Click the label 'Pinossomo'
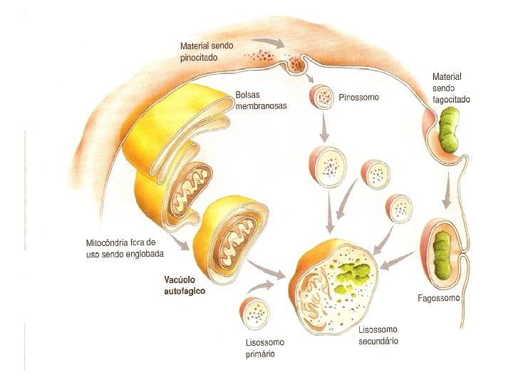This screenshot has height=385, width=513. pyautogui.click(x=359, y=97)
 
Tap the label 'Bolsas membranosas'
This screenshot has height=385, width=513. pyautogui.click(x=261, y=99)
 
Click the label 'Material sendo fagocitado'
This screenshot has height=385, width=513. pyautogui.click(x=451, y=88)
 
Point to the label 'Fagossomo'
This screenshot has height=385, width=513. pyautogui.click(x=438, y=298)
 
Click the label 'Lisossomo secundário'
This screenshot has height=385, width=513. pyautogui.click(x=378, y=335)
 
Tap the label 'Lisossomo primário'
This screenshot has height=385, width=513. pyautogui.click(x=259, y=347)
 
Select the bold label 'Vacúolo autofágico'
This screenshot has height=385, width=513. pyautogui.click(x=181, y=285)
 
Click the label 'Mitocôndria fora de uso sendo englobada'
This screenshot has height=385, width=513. pyautogui.click(x=124, y=248)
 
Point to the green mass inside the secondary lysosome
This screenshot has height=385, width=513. pyautogui.click(x=354, y=277)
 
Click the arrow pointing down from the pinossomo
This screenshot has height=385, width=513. pyautogui.click(x=324, y=128)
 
